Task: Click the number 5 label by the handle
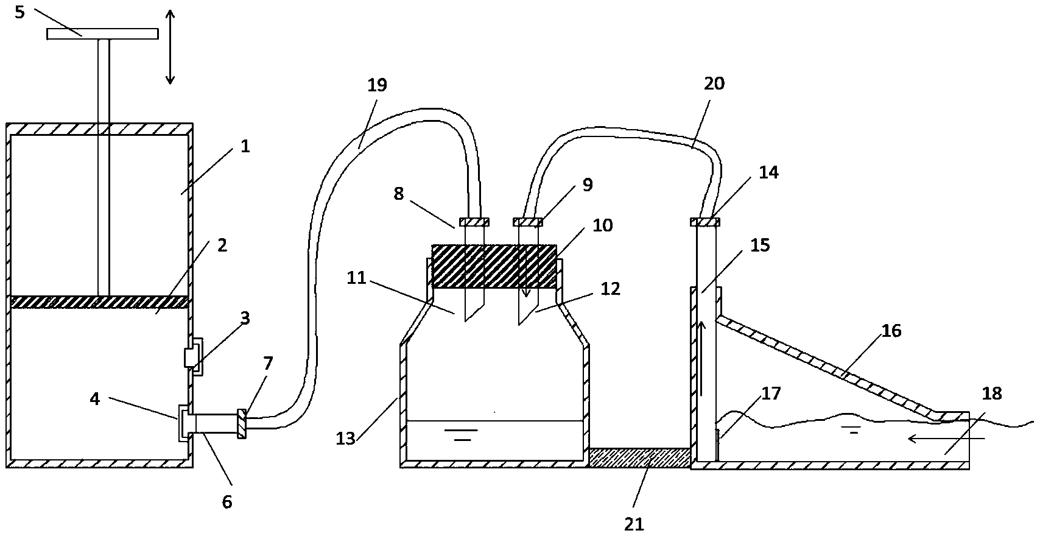[x=19, y=12]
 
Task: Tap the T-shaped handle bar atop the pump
[x=102, y=33]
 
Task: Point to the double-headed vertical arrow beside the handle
[x=170, y=46]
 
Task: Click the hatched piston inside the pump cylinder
[x=100, y=301]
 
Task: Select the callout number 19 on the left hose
[x=378, y=85]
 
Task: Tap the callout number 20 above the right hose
[x=714, y=83]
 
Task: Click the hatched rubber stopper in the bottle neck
[x=494, y=266]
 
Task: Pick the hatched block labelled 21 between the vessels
[x=639, y=457]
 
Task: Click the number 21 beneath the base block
[x=634, y=523]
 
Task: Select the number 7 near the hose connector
[x=267, y=363]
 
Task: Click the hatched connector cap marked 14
[x=706, y=222]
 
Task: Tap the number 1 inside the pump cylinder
[x=245, y=146]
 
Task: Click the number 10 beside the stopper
[x=603, y=225]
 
